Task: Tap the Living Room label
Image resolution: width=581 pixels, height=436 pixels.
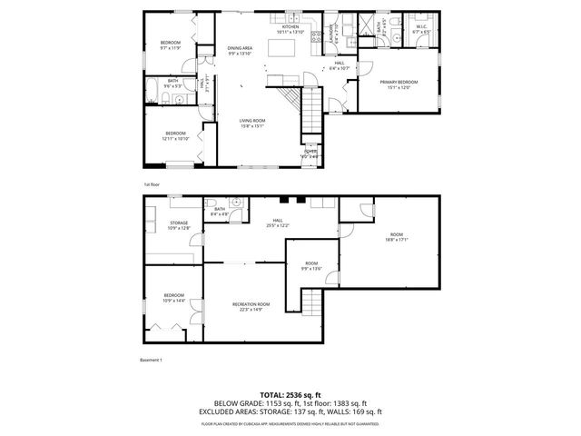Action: pyautogui.click(x=251, y=121)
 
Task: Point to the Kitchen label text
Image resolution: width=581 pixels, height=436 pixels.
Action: pyautogui.click(x=290, y=27)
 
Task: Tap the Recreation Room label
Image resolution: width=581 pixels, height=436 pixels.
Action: pyautogui.click(x=251, y=303)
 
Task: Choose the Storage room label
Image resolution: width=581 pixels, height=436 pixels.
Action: pyautogui.click(x=179, y=223)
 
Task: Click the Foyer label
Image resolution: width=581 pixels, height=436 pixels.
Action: pyautogui.click(x=310, y=152)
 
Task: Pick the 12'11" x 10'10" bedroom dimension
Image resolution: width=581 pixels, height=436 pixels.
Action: pyautogui.click(x=174, y=139)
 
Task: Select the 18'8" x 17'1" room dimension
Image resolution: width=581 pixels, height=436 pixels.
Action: pyautogui.click(x=396, y=240)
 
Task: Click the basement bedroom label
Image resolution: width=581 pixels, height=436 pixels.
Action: pyautogui.click(x=173, y=295)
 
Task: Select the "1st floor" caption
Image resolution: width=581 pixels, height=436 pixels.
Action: pyautogui.click(x=151, y=184)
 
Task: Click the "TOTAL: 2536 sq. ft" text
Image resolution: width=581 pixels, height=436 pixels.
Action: pyautogui.click(x=290, y=395)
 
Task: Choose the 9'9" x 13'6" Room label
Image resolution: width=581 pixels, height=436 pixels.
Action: pyautogui.click(x=310, y=266)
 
